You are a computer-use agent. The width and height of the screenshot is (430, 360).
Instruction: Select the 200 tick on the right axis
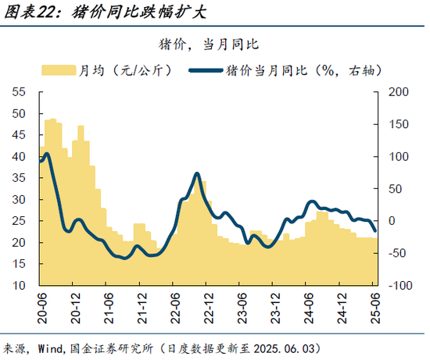396,92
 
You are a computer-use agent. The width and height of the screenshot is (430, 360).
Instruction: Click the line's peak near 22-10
196,173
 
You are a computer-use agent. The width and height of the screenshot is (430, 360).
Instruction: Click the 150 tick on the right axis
396,124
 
